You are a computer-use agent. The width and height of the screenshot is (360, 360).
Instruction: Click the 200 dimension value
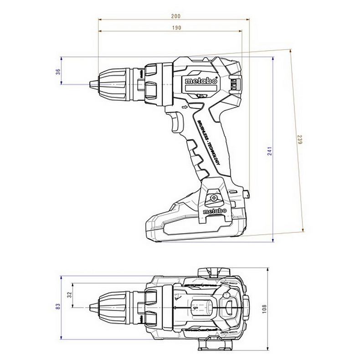click(x=175, y=16)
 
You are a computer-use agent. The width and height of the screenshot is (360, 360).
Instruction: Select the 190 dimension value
click(x=176, y=28)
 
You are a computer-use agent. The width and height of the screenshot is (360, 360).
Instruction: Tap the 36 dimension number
click(x=58, y=72)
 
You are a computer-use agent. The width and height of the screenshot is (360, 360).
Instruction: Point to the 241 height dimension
click(x=269, y=151)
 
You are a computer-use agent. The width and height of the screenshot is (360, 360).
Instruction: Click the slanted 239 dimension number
click(x=300, y=139)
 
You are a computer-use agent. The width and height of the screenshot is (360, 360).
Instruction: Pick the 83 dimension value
click(x=58, y=306)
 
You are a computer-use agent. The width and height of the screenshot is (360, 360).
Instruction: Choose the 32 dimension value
click(x=70, y=294)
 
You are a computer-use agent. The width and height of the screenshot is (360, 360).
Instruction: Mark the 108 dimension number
click(x=264, y=309)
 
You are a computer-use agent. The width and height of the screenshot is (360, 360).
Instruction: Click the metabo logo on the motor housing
click(x=201, y=81)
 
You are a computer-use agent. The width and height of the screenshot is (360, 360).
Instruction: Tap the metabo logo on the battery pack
click(x=215, y=211)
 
